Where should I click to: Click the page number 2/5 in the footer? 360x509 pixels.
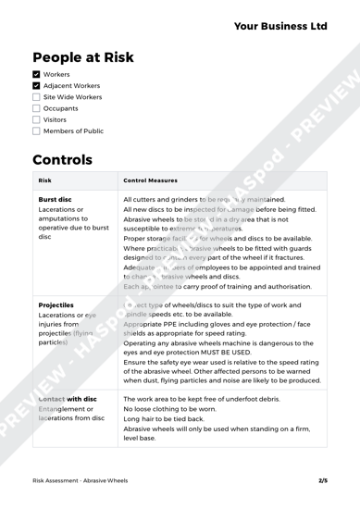click(x=323, y=481)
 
